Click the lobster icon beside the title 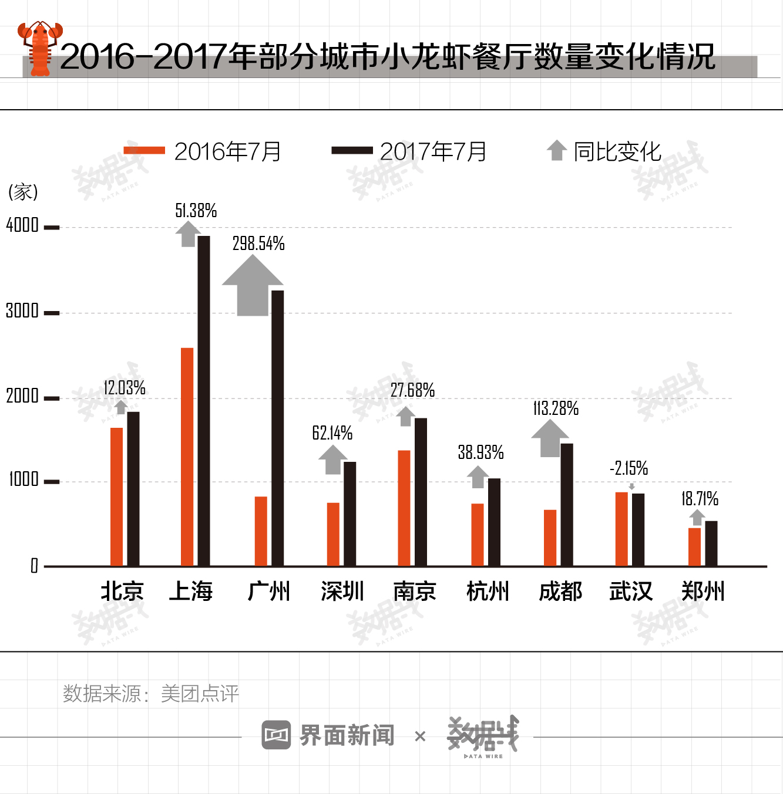(x=39, y=49)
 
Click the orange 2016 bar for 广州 (x=261, y=531)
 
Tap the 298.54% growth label (x=258, y=244)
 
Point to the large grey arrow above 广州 (x=253, y=287)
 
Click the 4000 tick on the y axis (x=22, y=225)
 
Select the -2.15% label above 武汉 (x=629, y=468)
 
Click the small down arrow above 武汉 (x=631, y=486)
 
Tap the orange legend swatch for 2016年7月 (x=144, y=151)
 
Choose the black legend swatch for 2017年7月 (x=352, y=151)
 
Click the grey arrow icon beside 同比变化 (x=557, y=150)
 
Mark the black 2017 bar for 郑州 (x=711, y=543)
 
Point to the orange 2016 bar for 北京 (x=117, y=496)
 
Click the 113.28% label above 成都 (x=556, y=408)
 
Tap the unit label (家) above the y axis (x=23, y=192)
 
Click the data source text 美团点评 (x=200, y=694)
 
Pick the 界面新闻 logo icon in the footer (x=276, y=735)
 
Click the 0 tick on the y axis (x=34, y=566)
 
